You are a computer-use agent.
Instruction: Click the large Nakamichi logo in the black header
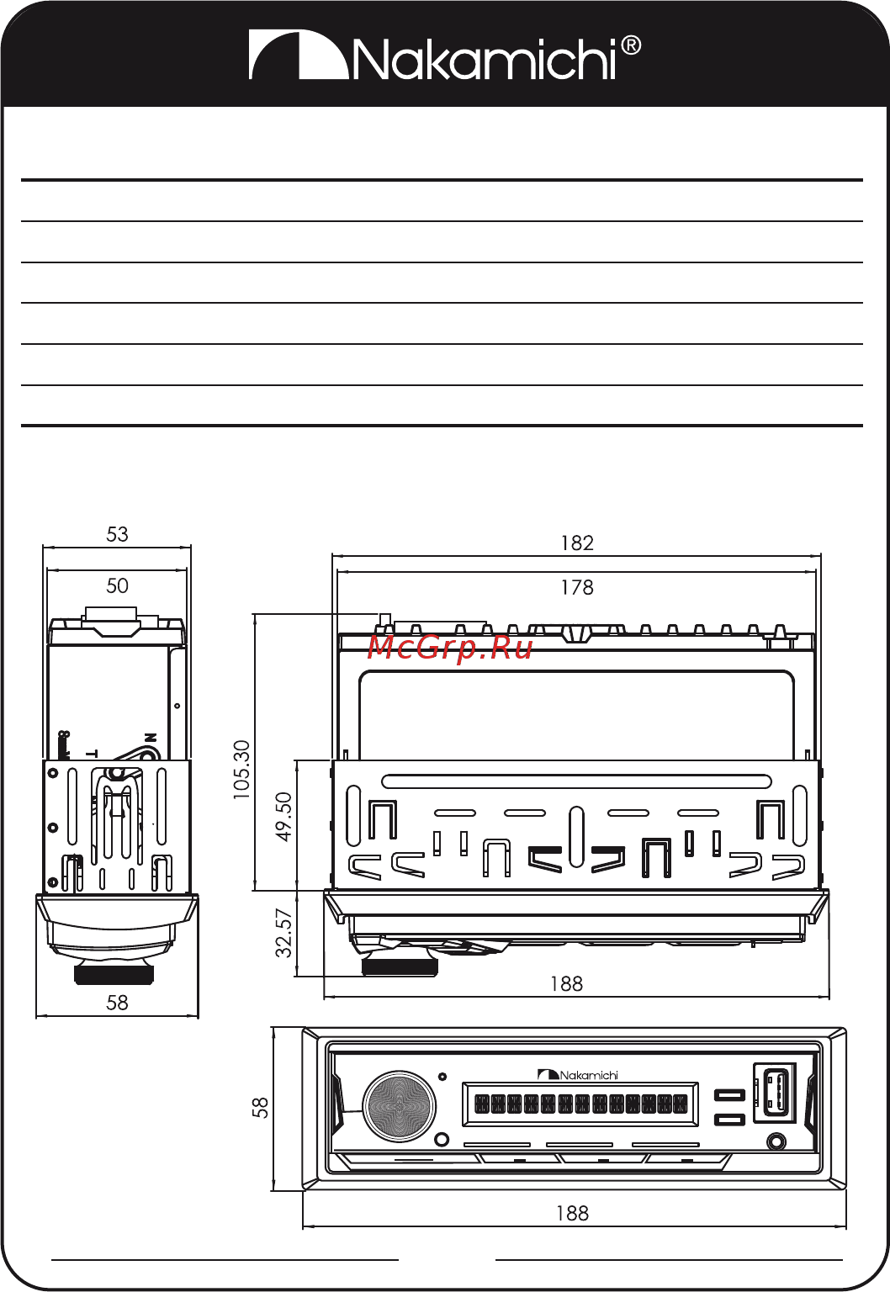point(444,56)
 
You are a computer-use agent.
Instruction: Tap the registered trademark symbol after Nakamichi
point(631,45)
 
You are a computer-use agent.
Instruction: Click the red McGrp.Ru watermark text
point(450,648)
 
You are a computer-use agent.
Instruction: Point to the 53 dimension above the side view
point(117,534)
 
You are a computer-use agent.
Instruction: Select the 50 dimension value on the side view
point(117,585)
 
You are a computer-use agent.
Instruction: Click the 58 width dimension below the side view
point(117,1003)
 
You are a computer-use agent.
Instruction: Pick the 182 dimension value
point(577,543)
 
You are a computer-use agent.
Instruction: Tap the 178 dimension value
point(577,587)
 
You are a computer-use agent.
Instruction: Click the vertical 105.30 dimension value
point(241,769)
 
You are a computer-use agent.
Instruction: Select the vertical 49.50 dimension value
point(284,816)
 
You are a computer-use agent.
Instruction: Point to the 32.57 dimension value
point(284,933)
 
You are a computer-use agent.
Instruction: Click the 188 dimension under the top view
point(566,983)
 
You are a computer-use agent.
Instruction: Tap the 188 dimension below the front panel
point(572,1213)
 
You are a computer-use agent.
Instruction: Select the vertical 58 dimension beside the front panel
point(261,1107)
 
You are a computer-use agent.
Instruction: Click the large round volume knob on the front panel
point(399,1107)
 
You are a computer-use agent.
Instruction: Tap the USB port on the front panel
point(776,1093)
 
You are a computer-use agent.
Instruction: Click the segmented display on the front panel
point(580,1104)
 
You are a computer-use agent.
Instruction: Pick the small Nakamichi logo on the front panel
point(578,1075)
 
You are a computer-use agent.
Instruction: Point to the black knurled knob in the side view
point(114,975)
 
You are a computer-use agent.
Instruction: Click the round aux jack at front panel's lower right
point(776,1141)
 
